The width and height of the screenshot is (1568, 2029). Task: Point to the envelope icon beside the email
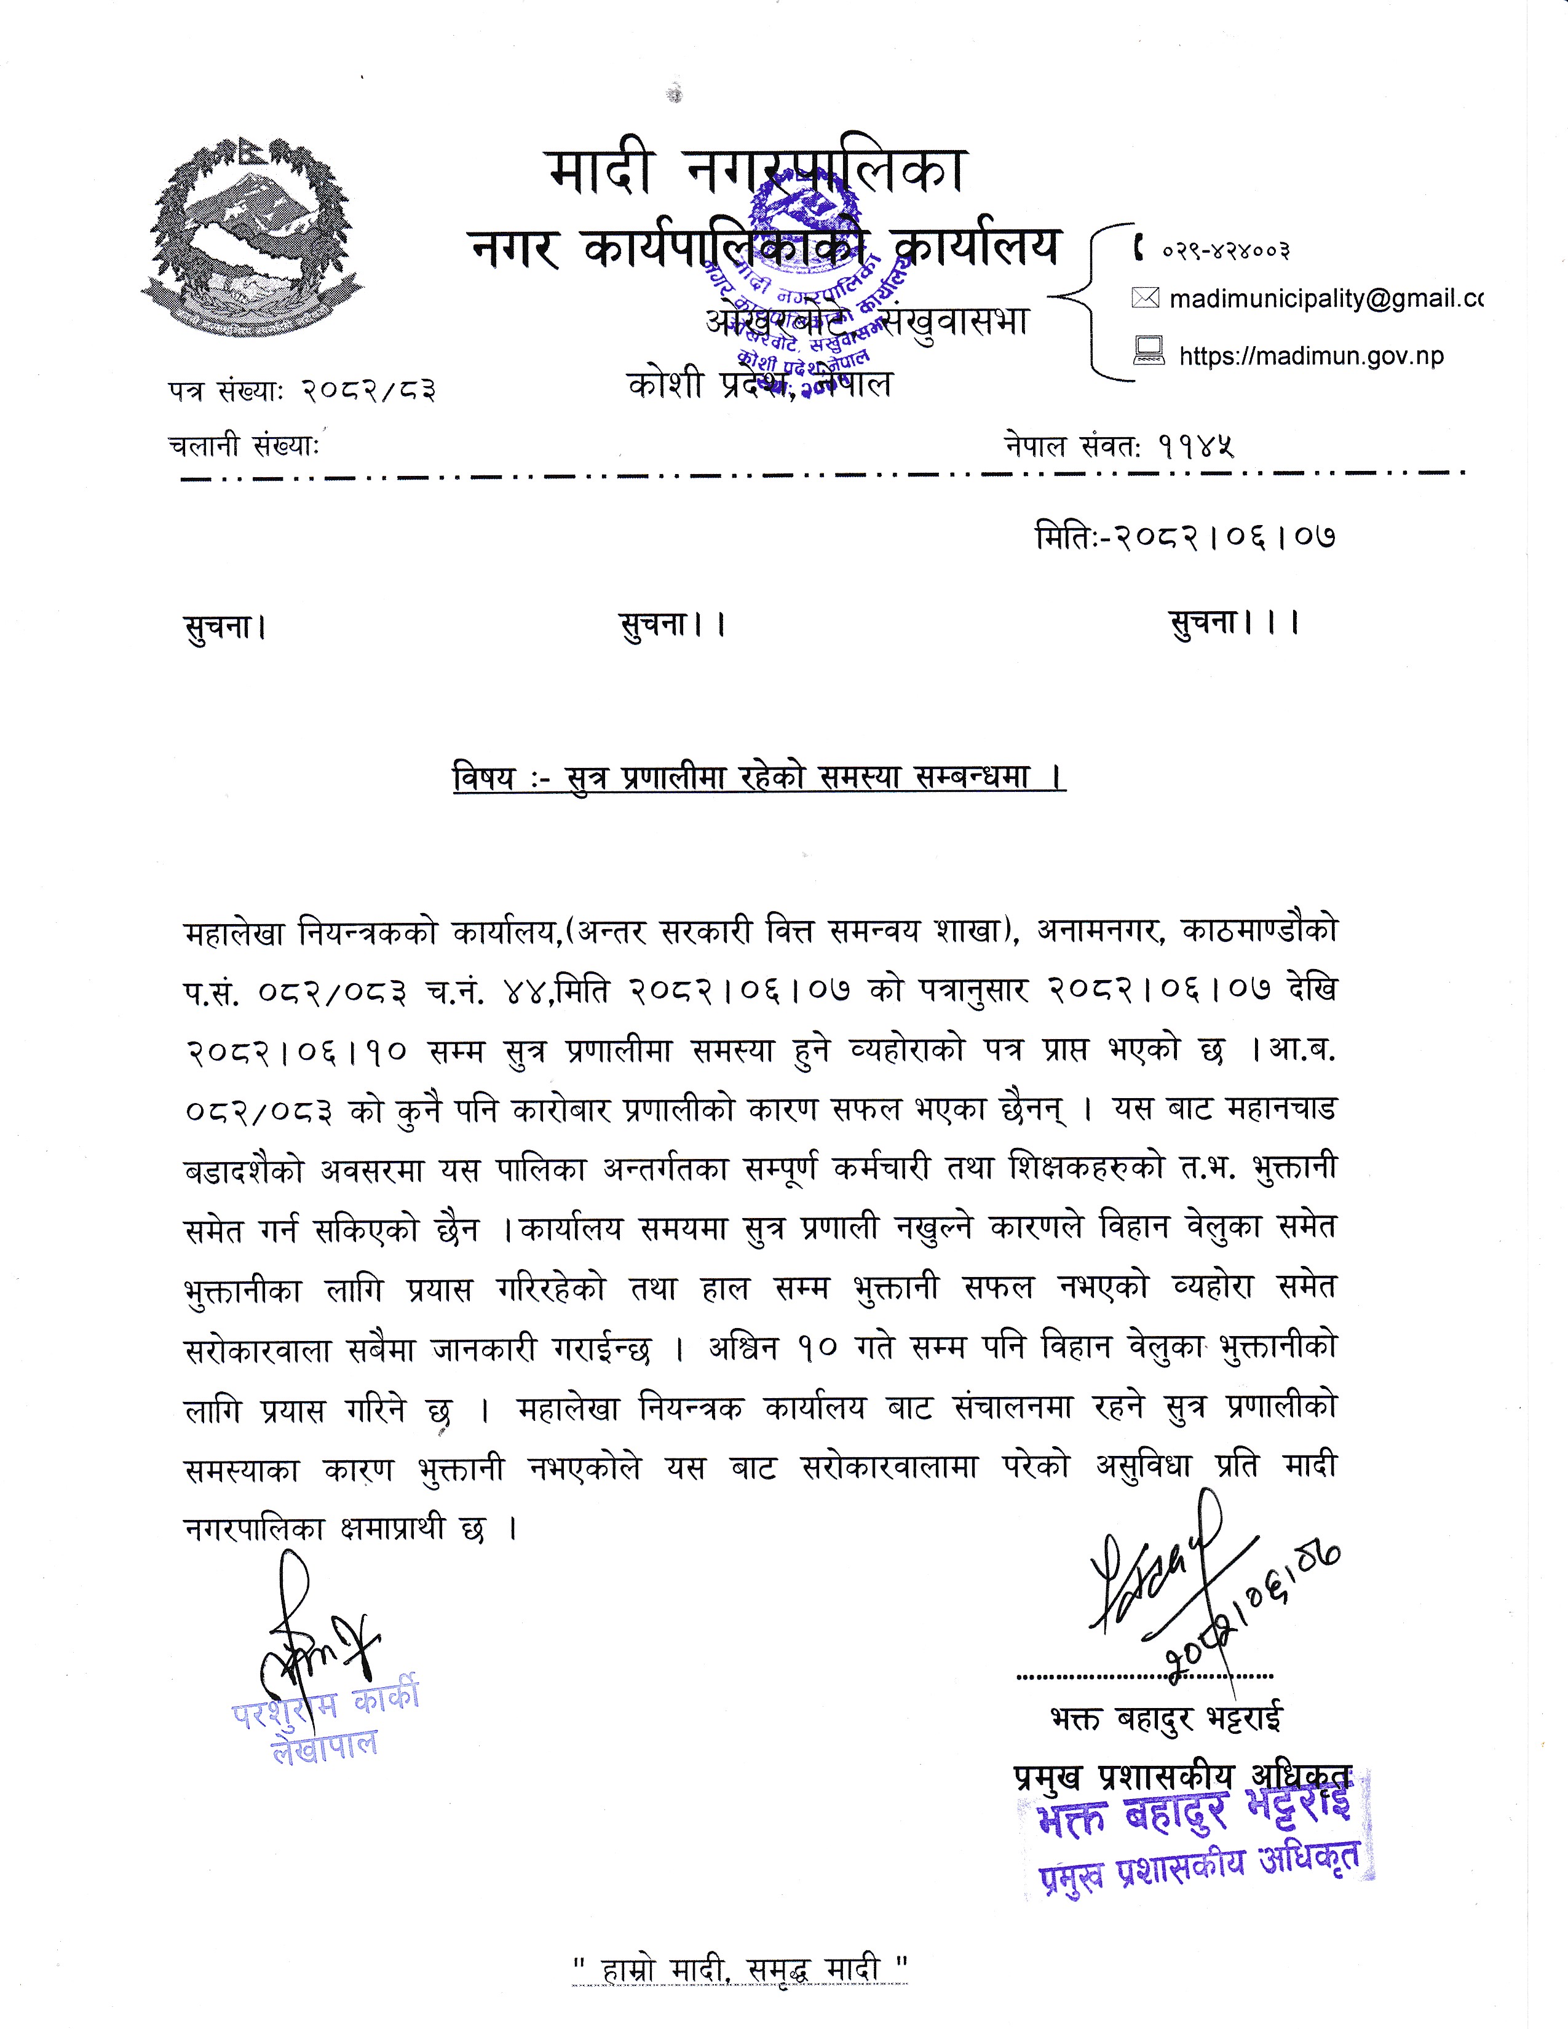coord(1146,298)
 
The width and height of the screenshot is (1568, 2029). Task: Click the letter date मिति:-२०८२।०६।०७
coord(1186,537)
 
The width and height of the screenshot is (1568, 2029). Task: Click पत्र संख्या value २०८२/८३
coord(369,391)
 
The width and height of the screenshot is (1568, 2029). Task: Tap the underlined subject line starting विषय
coord(759,777)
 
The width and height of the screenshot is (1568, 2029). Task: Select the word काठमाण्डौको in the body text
coord(1259,930)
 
